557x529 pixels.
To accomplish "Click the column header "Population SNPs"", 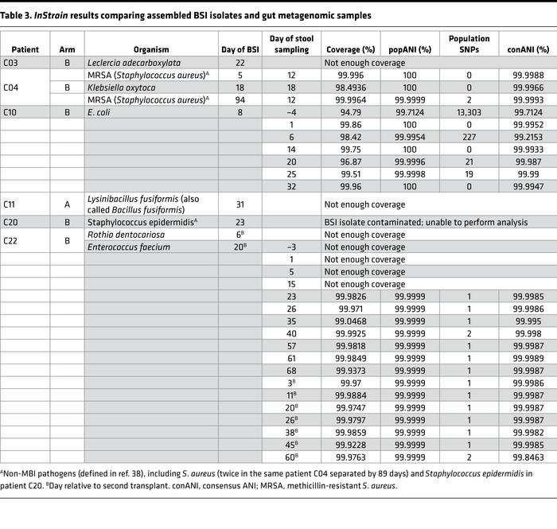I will pos(469,44).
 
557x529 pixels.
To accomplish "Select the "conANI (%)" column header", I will pos(528,49).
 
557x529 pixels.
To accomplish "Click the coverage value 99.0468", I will pos(344,321).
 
